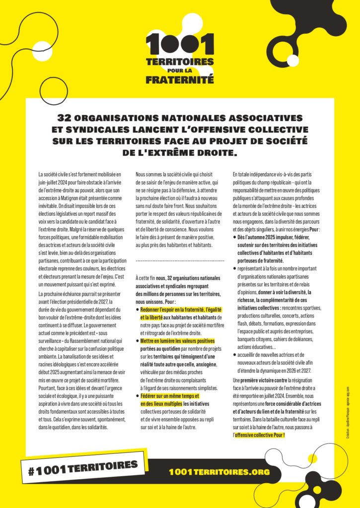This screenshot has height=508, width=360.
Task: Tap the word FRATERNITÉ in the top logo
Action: point(179,78)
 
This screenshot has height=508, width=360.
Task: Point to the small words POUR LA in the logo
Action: point(180,70)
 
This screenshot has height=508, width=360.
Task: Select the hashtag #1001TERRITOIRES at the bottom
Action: point(83,467)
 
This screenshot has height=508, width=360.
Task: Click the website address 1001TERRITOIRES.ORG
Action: point(219,471)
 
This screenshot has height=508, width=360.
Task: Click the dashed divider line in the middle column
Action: point(180,260)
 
